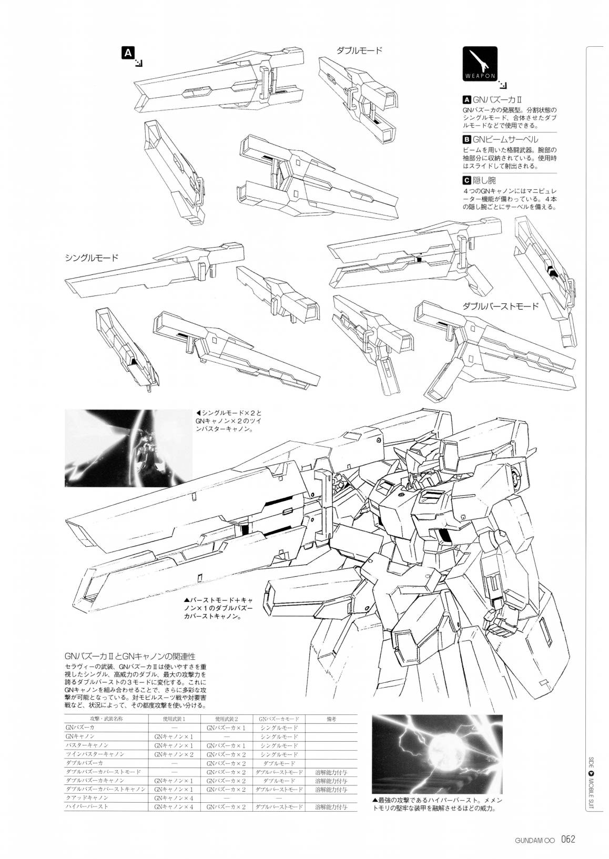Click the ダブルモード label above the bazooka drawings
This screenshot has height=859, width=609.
pos(359,50)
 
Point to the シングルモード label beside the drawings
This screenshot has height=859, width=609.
pos(92,258)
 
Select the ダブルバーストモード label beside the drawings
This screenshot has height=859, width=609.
pos(501,305)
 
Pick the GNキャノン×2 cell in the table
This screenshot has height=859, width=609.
pos(174,754)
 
